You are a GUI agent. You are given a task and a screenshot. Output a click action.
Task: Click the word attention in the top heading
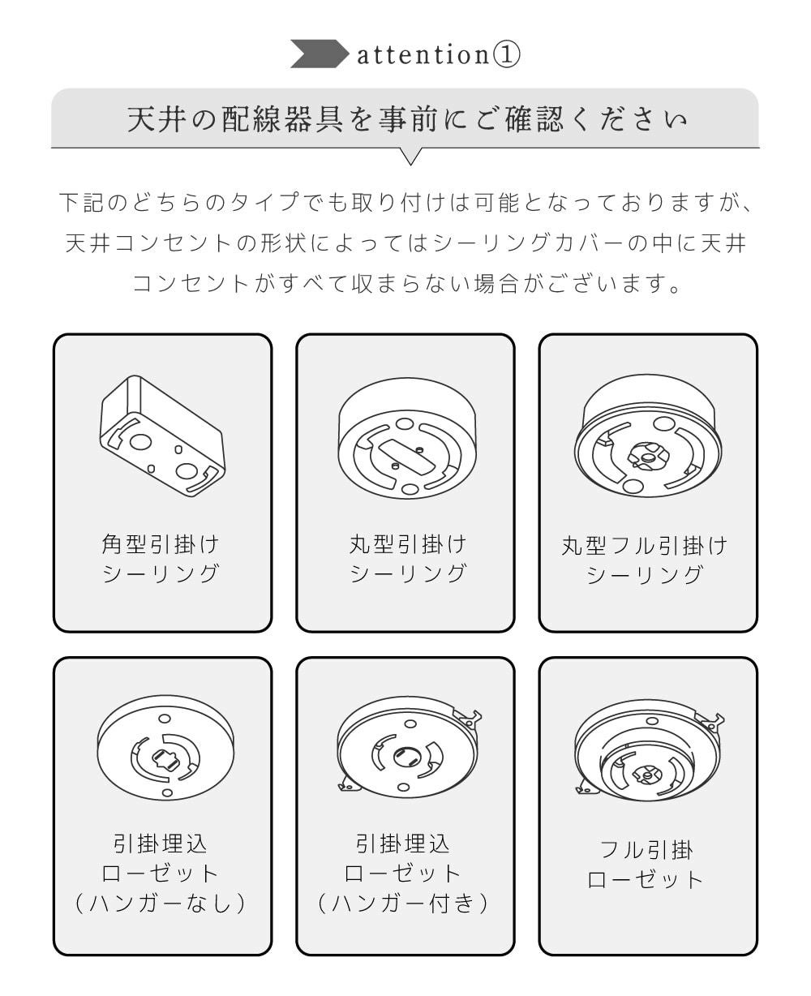[423, 54]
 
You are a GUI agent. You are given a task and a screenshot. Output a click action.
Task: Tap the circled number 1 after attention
[505, 54]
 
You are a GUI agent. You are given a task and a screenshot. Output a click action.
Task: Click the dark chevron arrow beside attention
[320, 54]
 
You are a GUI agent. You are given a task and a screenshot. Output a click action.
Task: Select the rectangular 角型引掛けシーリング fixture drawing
[162, 436]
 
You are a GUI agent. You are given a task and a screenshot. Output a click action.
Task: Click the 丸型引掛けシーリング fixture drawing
[407, 438]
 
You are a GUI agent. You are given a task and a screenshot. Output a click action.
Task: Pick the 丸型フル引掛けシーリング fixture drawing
[648, 436]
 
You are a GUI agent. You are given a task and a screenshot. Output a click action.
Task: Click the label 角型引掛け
[161, 545]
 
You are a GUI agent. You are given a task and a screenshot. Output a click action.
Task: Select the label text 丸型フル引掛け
[645, 546]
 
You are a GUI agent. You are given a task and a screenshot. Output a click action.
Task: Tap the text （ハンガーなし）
[161, 903]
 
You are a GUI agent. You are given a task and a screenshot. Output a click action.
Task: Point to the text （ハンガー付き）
[403, 903]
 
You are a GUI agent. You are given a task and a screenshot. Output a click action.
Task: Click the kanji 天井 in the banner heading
[154, 120]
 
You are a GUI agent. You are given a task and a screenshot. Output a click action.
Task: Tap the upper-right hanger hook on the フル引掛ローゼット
[711, 723]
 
